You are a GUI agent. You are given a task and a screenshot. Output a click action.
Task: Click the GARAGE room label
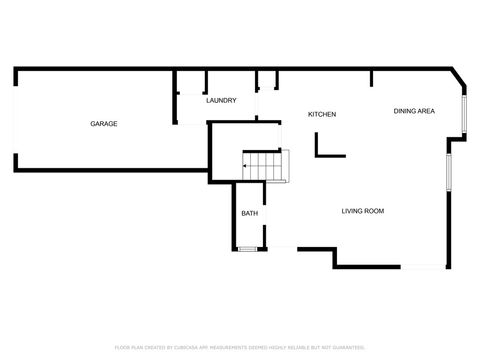pos(104,124)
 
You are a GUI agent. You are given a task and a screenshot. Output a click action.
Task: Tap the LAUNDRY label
pos(220,101)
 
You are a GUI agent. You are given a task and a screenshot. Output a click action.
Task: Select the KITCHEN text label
pos(322,114)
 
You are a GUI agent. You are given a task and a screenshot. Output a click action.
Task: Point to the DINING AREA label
pos(414,111)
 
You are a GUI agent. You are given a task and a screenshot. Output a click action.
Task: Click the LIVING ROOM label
pos(363,211)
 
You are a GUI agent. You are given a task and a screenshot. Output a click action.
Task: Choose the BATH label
pos(249,213)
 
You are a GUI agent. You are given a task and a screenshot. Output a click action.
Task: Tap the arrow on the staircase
pos(246,166)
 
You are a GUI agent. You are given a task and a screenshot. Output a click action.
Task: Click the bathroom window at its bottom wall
pos(246,248)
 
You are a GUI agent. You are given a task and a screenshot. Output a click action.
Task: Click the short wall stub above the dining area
pos(371,78)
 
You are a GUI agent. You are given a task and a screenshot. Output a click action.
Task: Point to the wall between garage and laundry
pos(176,96)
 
